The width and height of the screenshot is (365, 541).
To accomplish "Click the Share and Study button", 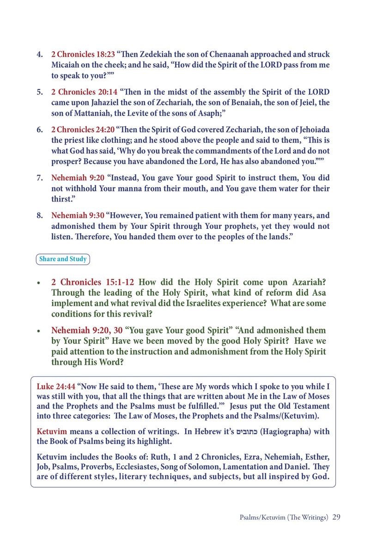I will pos(63,259).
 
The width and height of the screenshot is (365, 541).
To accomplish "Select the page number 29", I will pos(336,517).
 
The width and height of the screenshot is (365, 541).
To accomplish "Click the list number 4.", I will pos(40,55).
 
